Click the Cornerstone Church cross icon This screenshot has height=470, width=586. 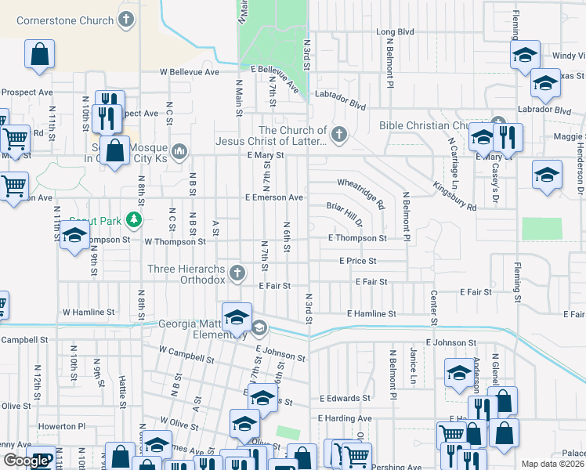[x=126, y=20]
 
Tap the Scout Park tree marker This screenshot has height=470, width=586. [x=136, y=219]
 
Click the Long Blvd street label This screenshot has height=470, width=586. [x=395, y=32]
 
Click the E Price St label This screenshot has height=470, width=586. [x=358, y=260]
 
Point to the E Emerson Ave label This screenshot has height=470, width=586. [x=273, y=198]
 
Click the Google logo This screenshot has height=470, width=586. [x=26, y=461]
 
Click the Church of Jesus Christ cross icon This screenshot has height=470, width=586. [x=338, y=135]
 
